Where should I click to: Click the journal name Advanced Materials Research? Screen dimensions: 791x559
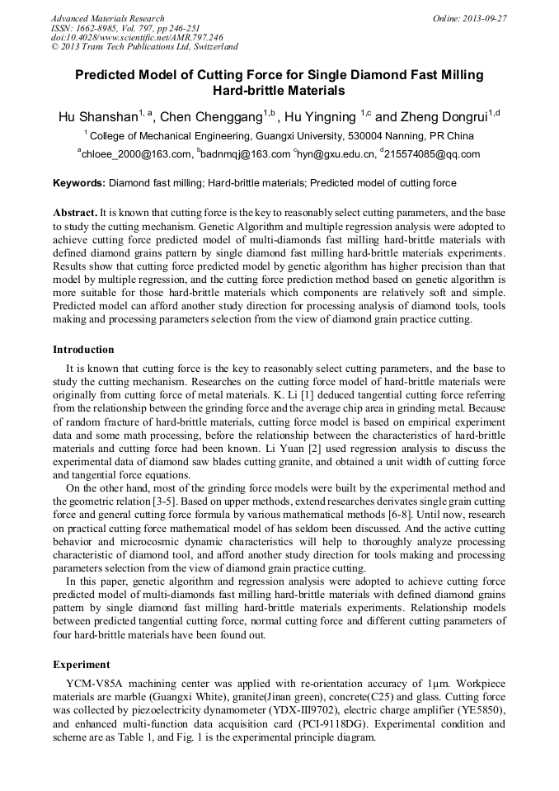click(107, 18)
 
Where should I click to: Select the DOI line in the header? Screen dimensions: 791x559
click(137, 38)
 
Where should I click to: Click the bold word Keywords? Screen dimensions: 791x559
click(78, 182)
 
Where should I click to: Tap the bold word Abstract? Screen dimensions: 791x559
click(76, 212)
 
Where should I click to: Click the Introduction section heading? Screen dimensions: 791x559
click(83, 350)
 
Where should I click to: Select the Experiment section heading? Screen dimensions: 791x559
click(82, 664)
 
